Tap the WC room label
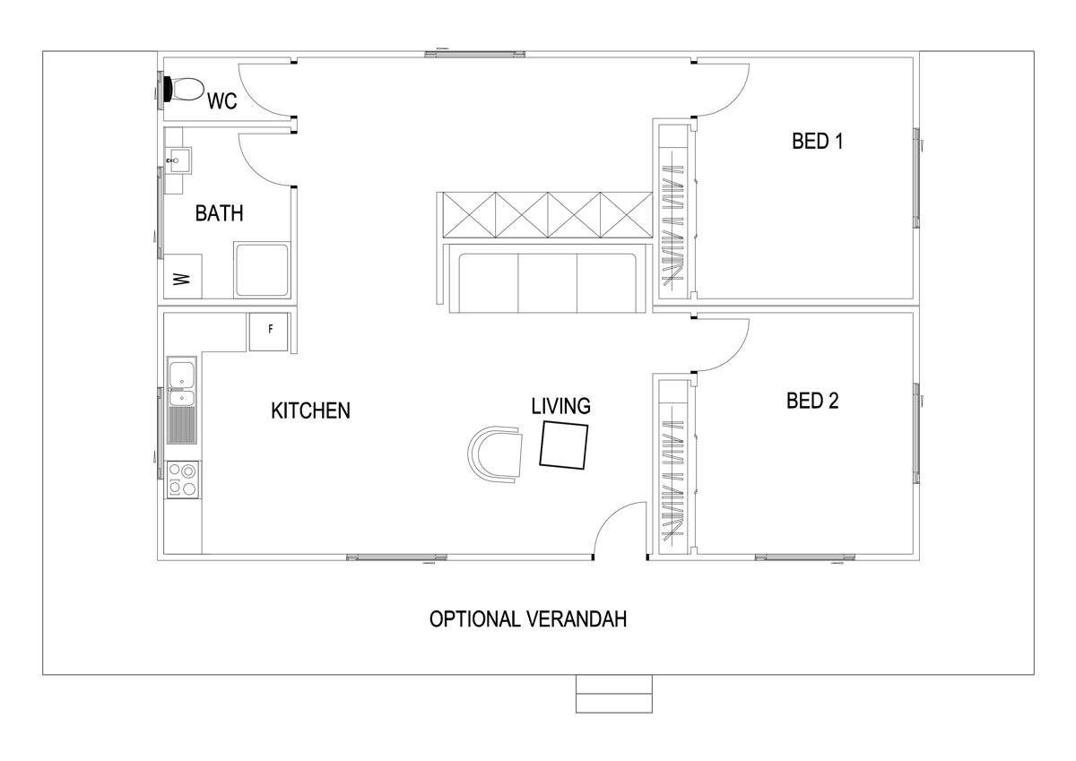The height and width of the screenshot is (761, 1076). (221, 101)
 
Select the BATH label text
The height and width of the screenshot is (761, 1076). (219, 213)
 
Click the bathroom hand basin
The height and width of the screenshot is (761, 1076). (177, 162)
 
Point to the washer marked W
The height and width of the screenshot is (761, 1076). (182, 277)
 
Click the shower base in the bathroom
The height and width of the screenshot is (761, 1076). (262, 269)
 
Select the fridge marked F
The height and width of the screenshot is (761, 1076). (269, 331)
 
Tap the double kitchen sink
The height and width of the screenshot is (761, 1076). (182, 382)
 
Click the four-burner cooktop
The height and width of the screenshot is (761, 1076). (183, 479)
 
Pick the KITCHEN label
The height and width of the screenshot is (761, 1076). (310, 411)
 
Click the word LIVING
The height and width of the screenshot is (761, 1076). (560, 406)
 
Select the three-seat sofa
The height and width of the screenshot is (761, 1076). (546, 283)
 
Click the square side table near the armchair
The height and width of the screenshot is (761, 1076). (564, 445)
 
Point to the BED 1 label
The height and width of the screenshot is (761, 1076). (817, 141)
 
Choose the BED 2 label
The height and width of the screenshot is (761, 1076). (811, 401)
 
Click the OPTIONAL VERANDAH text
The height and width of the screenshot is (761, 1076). (527, 619)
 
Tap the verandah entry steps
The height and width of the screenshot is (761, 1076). (613, 694)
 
